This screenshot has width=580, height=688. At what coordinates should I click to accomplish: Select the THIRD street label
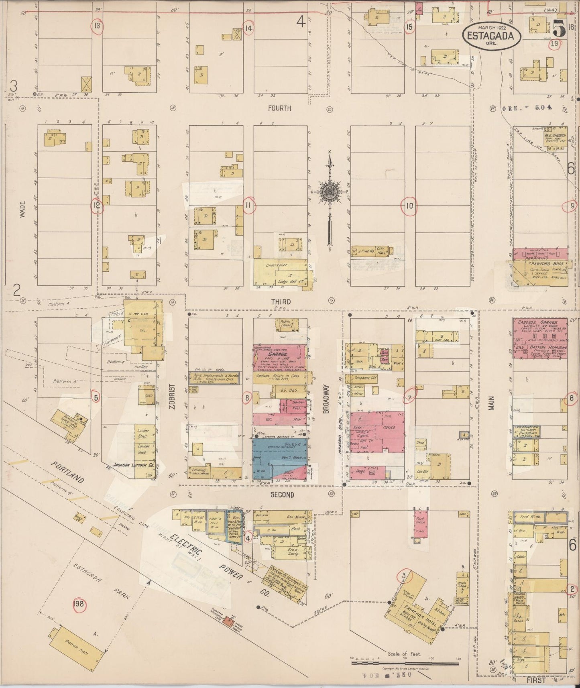(x=281, y=301)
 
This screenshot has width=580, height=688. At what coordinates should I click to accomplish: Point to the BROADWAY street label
(x=326, y=399)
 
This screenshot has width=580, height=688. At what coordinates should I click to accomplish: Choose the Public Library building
(x=285, y=325)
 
